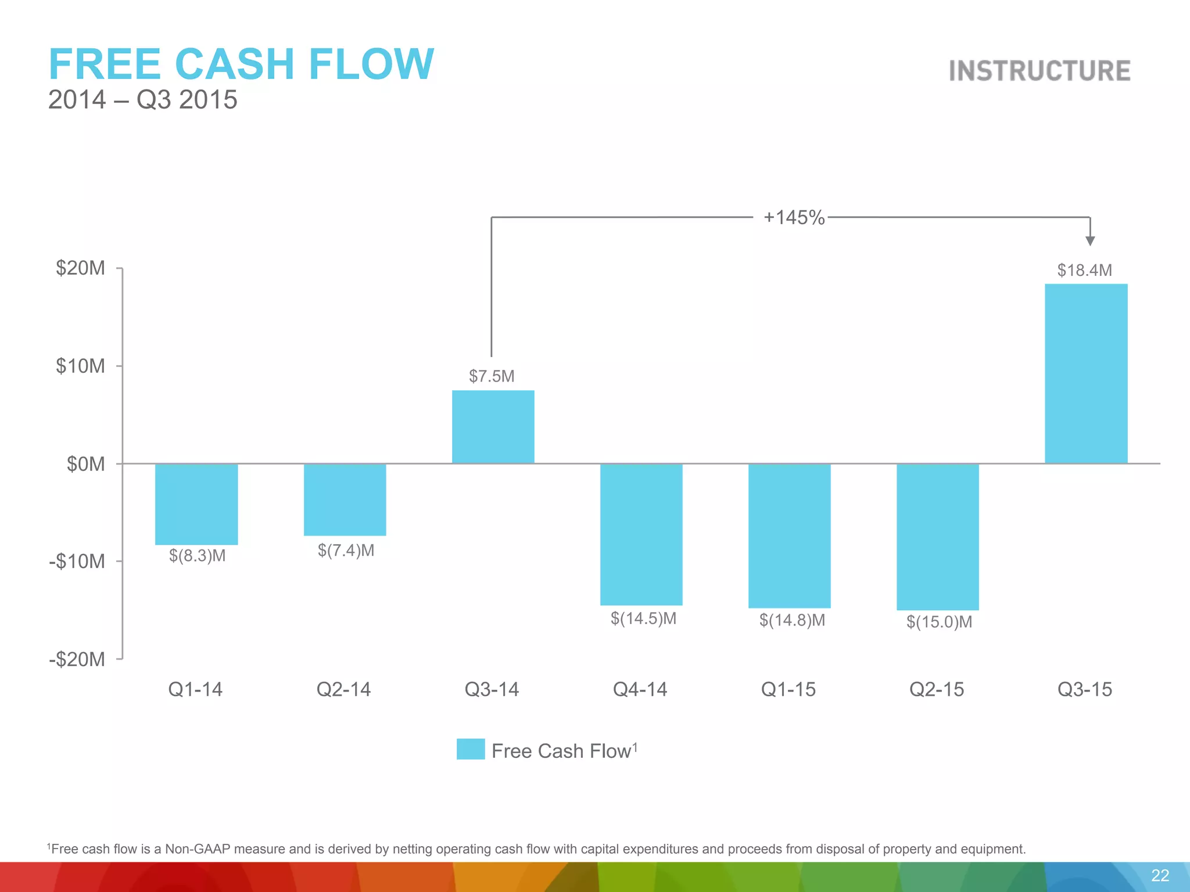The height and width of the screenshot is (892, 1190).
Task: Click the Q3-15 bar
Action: [1086, 373]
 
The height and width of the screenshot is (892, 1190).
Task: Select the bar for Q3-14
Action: [493, 427]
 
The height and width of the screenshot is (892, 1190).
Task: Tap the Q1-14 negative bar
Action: [196, 504]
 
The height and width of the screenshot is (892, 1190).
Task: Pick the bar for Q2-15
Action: [937, 537]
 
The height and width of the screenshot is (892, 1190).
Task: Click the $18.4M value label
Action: [1084, 270]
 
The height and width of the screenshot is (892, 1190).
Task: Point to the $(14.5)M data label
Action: [643, 618]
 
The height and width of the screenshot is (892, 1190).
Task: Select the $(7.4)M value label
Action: [346, 550]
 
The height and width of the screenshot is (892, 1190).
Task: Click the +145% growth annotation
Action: [794, 217]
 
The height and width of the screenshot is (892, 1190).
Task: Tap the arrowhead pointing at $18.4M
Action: [1090, 241]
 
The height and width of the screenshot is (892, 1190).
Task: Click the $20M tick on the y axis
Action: [81, 268]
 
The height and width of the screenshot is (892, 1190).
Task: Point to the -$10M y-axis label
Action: [77, 562]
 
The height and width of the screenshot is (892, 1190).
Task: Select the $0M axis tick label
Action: [86, 464]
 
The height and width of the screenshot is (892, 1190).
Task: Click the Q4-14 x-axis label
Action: [640, 689]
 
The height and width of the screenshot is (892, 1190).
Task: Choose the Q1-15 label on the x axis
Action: [788, 689]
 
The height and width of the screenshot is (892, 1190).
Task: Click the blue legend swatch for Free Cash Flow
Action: [471, 749]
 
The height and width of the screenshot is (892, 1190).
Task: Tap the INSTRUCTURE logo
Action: [1040, 71]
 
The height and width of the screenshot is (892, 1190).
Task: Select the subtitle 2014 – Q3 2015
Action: [142, 100]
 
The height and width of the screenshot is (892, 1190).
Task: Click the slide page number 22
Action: [1160, 876]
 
